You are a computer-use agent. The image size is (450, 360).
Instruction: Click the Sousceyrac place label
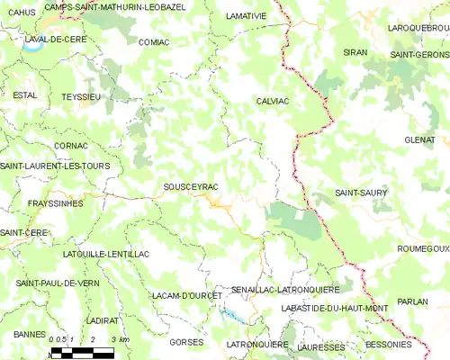coord(191,186)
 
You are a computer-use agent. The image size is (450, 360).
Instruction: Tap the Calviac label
coord(271,101)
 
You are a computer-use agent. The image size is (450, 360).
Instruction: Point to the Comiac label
coord(154,41)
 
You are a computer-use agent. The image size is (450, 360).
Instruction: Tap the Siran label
coord(355,53)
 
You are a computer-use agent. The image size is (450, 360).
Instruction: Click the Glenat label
coord(420,139)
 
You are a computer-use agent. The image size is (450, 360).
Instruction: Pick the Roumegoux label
coord(422,247)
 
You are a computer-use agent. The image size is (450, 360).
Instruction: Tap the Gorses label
coord(186,343)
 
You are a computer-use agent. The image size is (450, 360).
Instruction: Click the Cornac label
coord(70,145)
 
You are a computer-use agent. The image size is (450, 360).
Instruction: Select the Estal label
coord(24,94)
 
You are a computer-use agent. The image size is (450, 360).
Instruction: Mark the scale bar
coord(83,352)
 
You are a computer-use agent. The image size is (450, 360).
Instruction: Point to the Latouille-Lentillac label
coord(100,255)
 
